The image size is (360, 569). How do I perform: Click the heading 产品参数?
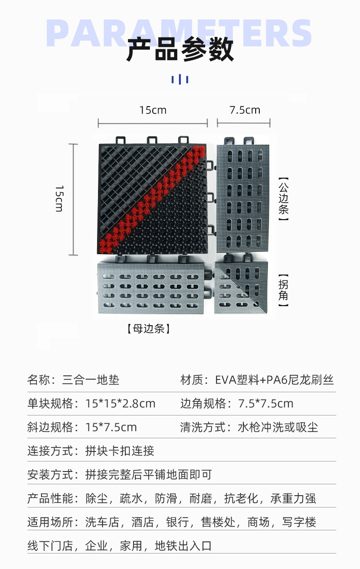(180, 50)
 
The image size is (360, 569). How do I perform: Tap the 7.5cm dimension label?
(245, 110)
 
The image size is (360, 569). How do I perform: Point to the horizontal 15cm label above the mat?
(153, 110)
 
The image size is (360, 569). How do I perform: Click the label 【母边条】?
(149, 328)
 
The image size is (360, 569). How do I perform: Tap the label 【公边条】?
(284, 199)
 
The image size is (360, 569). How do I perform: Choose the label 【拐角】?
(284, 290)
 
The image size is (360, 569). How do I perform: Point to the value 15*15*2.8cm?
(120, 404)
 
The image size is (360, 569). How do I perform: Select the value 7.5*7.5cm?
(266, 404)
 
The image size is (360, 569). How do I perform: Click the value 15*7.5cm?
(111, 427)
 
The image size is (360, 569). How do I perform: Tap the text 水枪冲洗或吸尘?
(278, 427)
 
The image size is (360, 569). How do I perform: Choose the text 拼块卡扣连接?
(120, 451)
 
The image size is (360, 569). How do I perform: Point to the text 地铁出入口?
(183, 546)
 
